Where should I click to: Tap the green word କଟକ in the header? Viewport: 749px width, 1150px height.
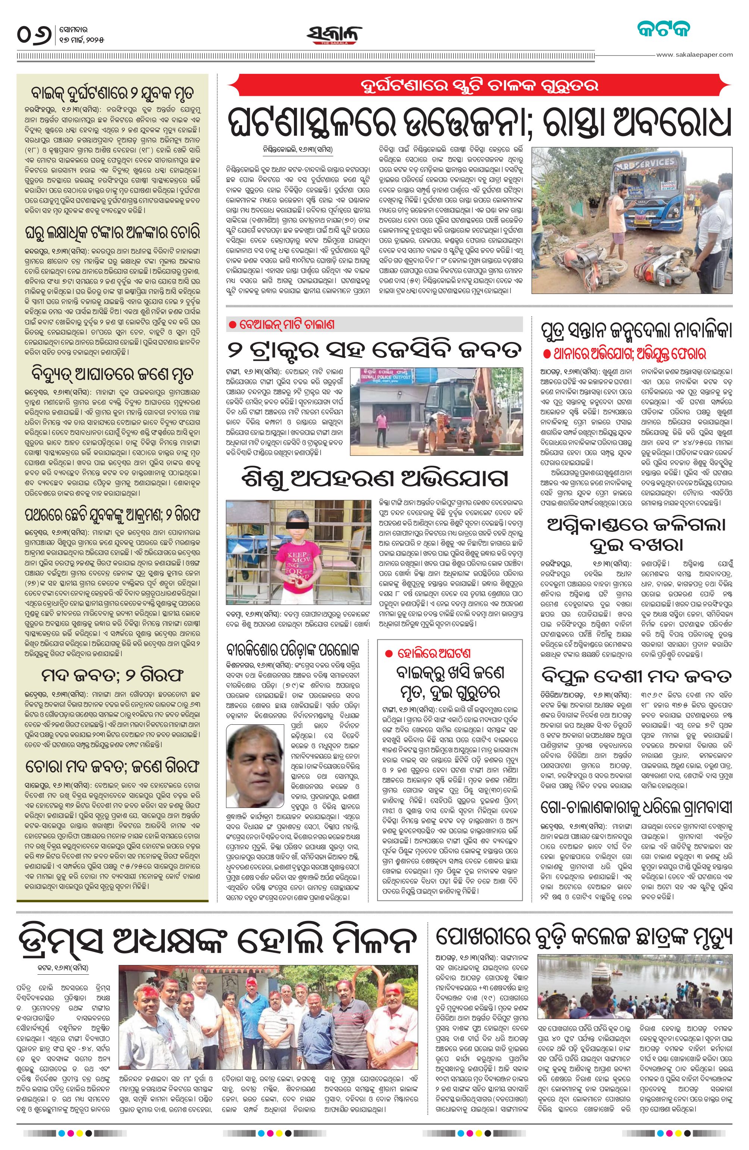click(x=662, y=29)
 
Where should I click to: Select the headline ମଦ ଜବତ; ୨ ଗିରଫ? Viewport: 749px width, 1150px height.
click(x=113, y=675)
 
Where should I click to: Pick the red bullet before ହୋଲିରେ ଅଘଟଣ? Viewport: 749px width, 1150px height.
click(x=388, y=653)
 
